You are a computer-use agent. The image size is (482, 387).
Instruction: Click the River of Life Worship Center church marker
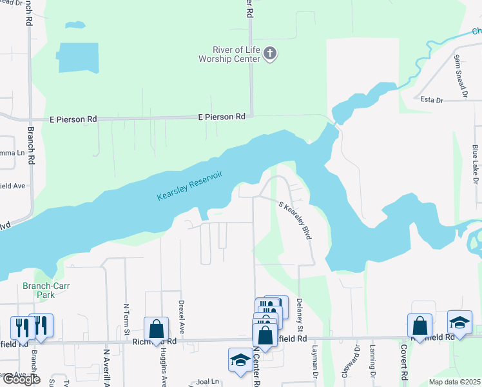click(271, 54)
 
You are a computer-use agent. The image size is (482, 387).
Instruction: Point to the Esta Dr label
click(431, 100)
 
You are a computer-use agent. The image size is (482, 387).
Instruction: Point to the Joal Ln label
click(208, 381)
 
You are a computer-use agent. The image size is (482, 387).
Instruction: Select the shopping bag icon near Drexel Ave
click(157, 329)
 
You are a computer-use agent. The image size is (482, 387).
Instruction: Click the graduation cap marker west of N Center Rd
click(240, 360)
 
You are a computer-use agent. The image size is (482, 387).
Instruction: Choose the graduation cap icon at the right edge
click(459, 322)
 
